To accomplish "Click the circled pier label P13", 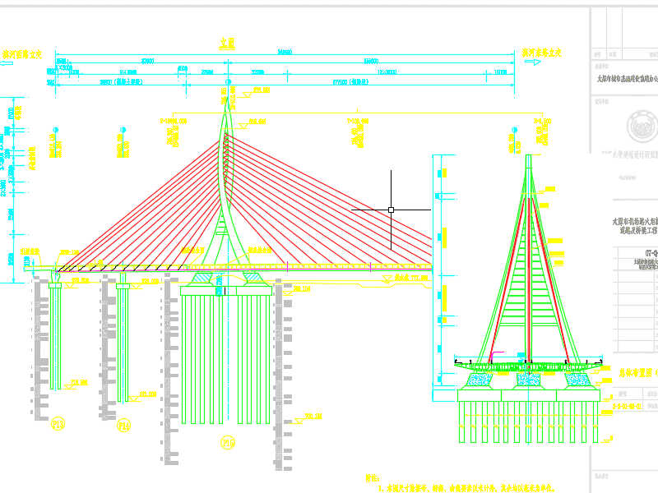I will click(58, 424).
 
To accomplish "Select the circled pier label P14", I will click(124, 425).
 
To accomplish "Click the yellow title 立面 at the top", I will click(228, 42).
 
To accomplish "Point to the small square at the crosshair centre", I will click(392, 210).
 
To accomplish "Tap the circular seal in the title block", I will click(642, 127).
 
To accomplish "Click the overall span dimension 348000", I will click(285, 52).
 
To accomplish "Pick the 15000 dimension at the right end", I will click(499, 72).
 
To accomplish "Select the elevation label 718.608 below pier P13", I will click(79, 382).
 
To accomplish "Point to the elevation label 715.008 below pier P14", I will click(148, 394).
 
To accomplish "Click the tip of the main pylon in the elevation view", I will click(228, 91).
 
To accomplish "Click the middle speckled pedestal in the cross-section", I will click(526, 380).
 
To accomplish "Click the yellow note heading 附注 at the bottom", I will click(373, 477).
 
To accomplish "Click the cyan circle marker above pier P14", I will click(123, 131).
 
